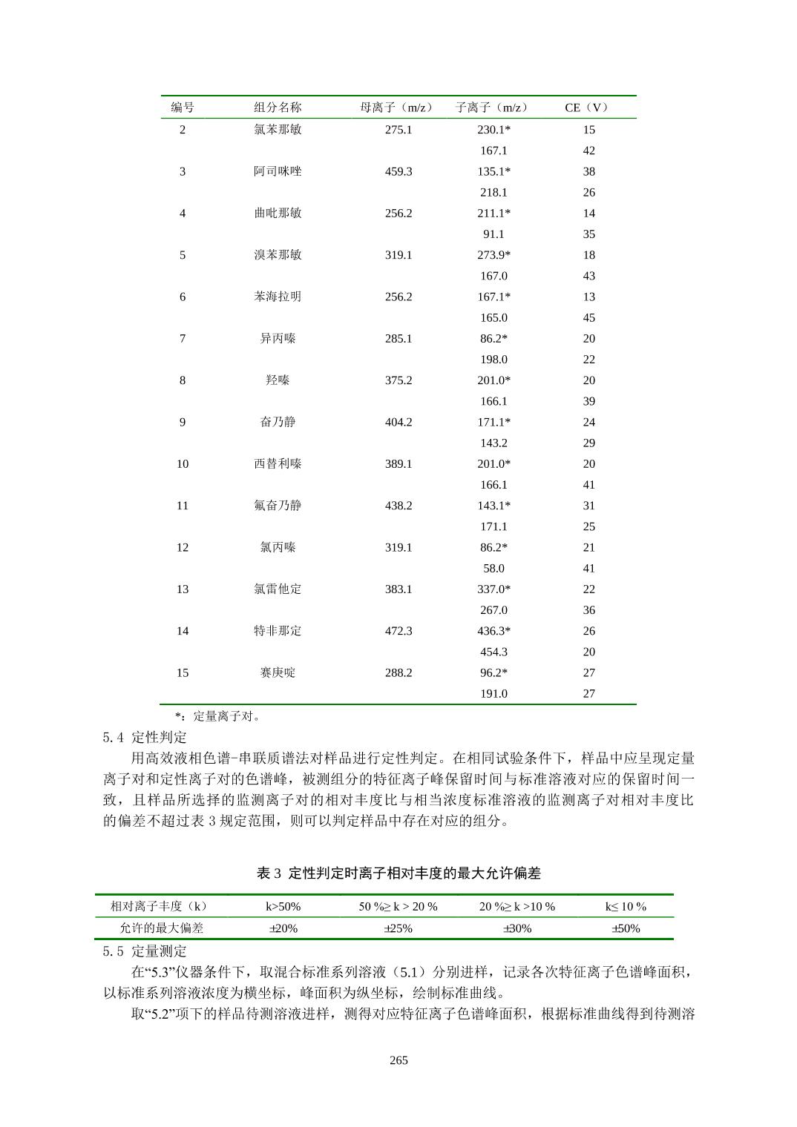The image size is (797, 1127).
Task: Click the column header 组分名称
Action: point(278,108)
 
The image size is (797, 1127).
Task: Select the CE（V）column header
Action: point(587,108)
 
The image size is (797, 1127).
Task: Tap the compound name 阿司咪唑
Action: point(278,171)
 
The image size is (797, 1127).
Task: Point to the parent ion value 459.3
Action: point(398,171)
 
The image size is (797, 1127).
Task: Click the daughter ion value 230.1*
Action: point(493,130)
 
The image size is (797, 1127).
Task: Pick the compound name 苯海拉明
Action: point(278,297)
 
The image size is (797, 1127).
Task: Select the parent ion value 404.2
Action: point(398,422)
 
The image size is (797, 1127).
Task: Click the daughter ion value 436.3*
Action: point(493,631)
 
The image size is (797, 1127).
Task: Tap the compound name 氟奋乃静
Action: point(278,506)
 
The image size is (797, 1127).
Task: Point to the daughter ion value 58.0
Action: point(493,569)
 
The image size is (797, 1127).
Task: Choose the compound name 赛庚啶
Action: point(278,672)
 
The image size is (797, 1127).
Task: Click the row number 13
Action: point(183,589)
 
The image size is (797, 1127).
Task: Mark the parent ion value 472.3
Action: point(398,631)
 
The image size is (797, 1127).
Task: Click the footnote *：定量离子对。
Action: point(217,716)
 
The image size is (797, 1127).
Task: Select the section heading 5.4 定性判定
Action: point(145,738)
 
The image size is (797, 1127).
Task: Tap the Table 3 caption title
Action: point(398,873)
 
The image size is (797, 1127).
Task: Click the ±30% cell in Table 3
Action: point(517,928)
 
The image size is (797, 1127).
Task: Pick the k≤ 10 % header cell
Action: point(626,906)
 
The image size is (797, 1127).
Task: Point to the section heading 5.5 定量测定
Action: point(145,951)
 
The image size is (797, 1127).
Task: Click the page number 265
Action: point(398,1060)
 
